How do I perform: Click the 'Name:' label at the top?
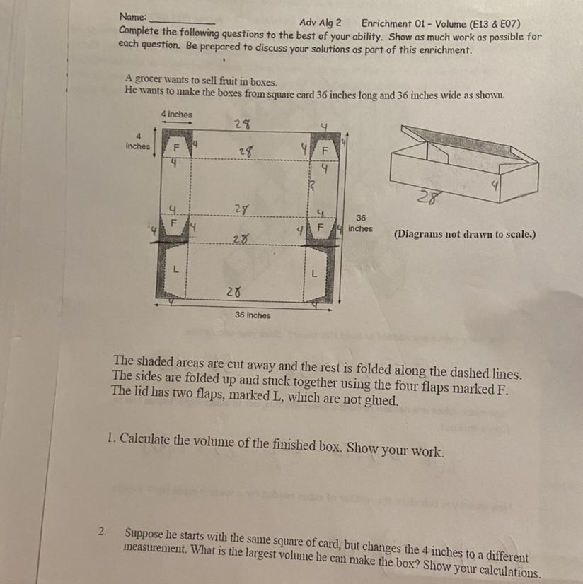(x=133, y=17)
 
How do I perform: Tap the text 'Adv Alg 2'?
(x=320, y=23)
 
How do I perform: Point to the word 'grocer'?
(x=149, y=79)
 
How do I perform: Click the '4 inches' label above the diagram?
(x=177, y=115)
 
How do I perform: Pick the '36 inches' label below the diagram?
(x=253, y=315)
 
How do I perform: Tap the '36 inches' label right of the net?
(x=360, y=223)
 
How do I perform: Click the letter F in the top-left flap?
(x=176, y=148)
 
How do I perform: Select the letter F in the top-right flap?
(x=325, y=151)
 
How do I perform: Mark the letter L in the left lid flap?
(x=175, y=269)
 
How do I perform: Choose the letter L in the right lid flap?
(x=314, y=274)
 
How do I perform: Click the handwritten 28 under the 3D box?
(x=429, y=197)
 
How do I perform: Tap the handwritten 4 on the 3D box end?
(x=495, y=185)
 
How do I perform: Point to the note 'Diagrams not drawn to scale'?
(x=465, y=234)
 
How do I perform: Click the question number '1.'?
(x=111, y=438)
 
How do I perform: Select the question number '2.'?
(x=102, y=531)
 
